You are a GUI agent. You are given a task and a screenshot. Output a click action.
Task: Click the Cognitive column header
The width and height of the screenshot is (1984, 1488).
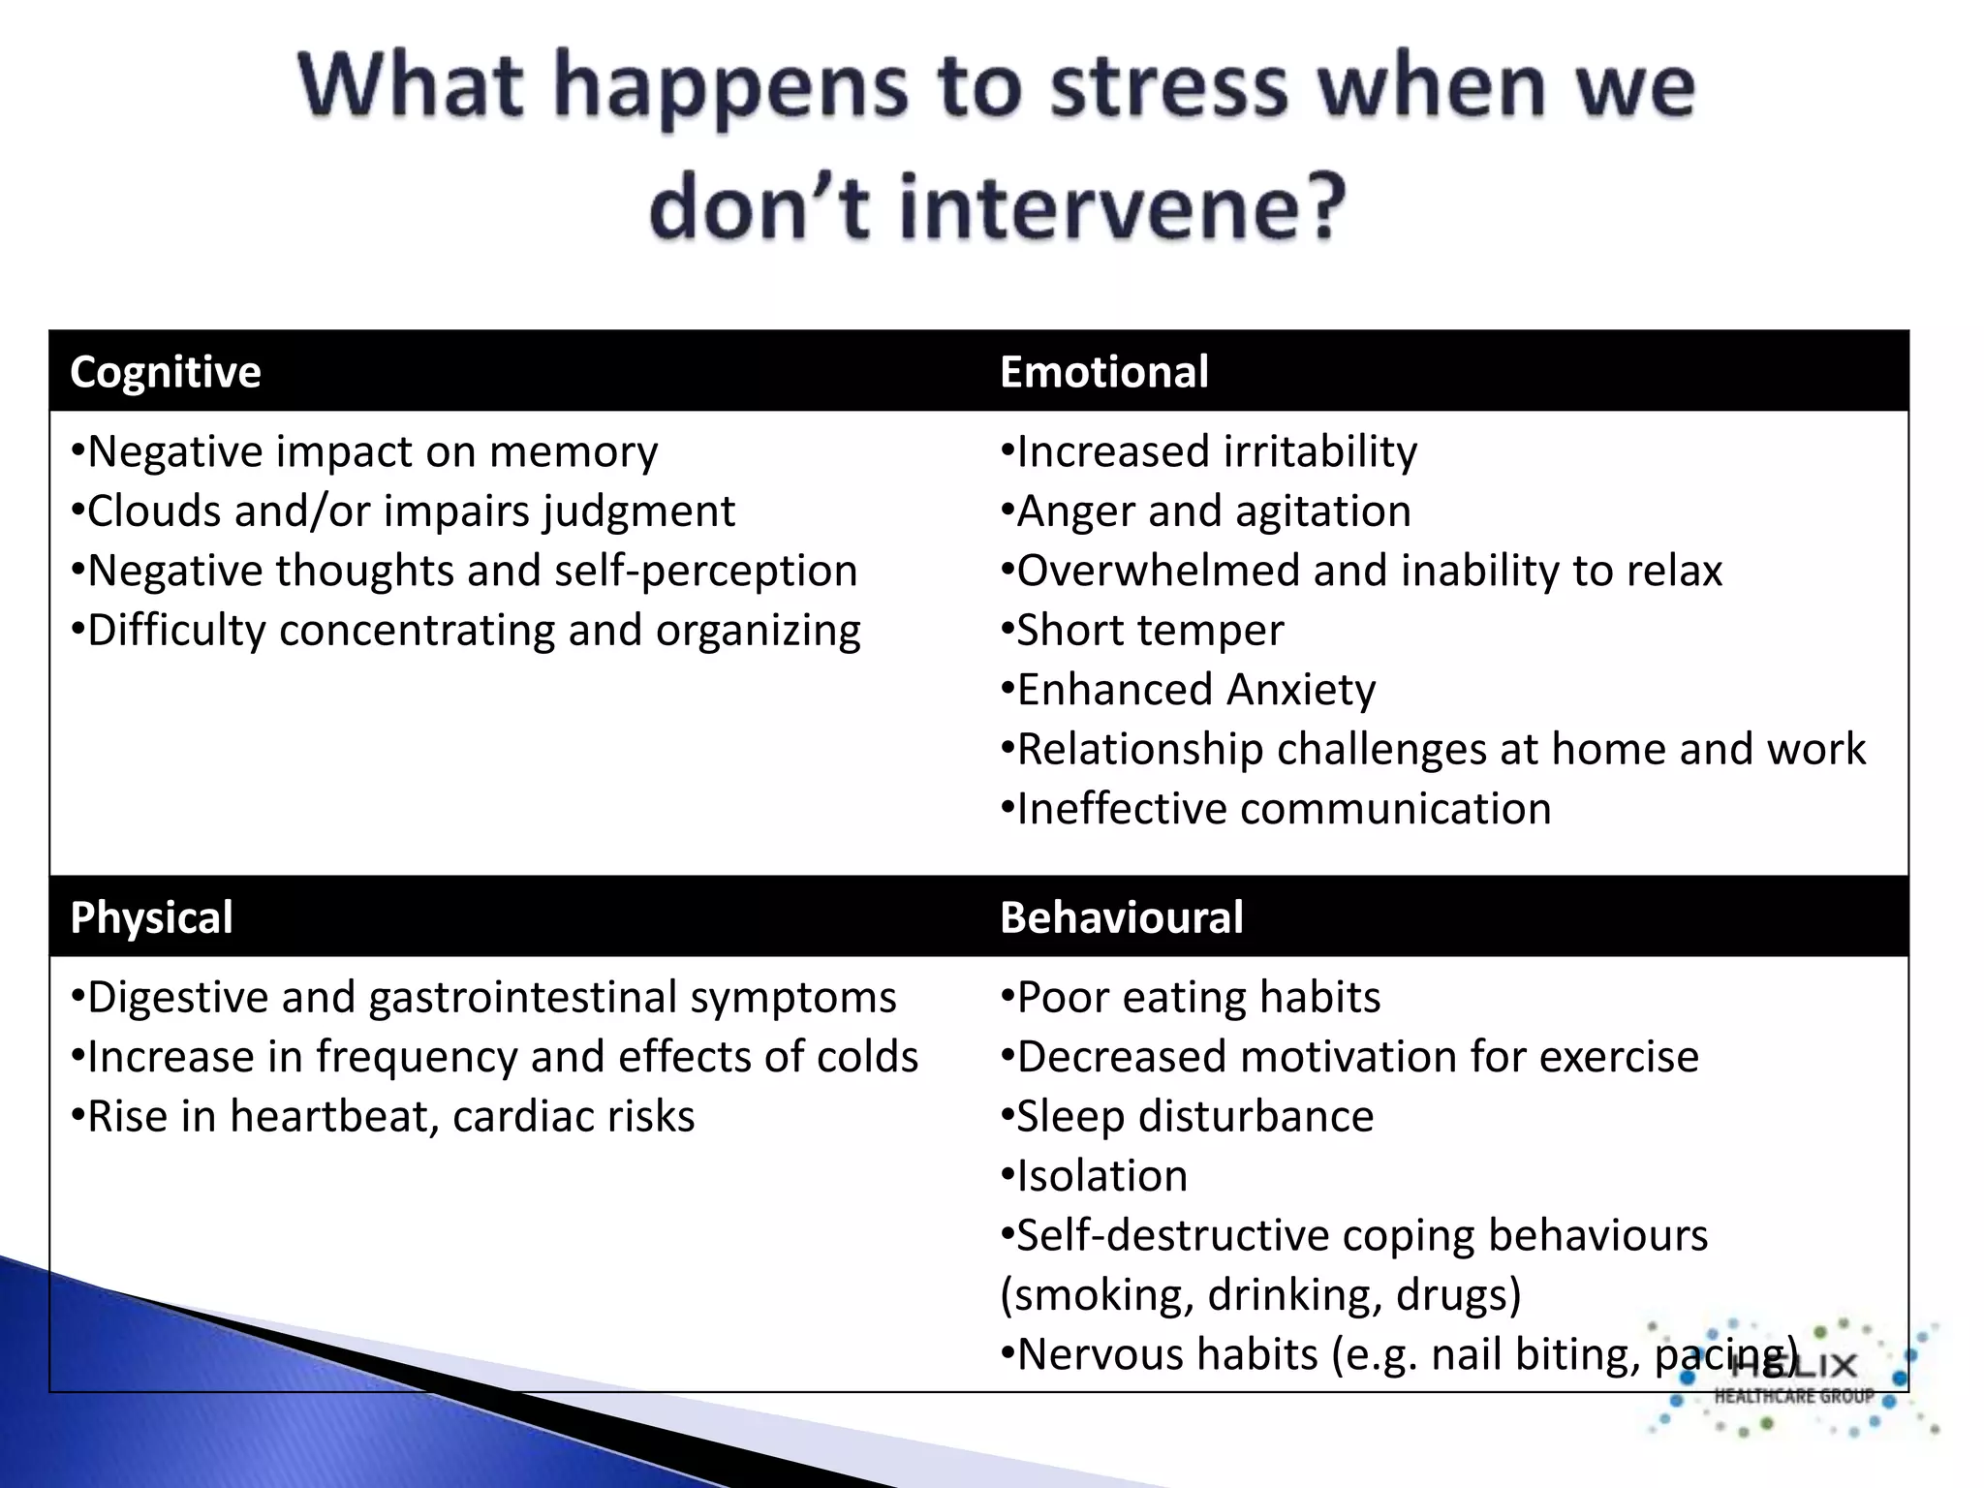166,372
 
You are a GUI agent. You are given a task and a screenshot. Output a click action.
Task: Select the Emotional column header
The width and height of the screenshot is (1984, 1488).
1103,372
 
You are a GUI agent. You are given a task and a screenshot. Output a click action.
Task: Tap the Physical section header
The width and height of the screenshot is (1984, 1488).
151,917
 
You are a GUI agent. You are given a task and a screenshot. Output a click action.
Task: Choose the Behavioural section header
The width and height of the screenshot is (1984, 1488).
1121,917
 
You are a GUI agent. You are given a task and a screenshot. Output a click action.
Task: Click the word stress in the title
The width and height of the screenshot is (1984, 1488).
1169,87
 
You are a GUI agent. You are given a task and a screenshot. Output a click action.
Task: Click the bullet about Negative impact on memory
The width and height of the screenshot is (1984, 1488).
364,452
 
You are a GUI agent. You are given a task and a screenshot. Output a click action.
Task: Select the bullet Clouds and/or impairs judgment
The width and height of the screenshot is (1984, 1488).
403,511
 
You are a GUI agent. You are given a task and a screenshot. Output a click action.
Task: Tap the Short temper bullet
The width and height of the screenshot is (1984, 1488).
1142,631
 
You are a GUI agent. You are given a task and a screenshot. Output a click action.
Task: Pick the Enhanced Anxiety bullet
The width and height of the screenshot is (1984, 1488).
1188,690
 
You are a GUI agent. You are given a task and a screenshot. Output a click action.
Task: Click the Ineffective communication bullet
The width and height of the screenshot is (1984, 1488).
1275,809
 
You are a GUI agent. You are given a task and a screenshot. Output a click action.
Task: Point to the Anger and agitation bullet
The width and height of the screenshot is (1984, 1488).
1205,511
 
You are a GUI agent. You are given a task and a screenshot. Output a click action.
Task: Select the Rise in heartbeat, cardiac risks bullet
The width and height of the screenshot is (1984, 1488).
383,1117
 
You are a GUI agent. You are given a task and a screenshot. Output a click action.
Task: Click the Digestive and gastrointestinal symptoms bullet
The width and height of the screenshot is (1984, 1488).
483,998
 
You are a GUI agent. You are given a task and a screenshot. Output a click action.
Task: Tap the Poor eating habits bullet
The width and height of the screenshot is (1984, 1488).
1191,998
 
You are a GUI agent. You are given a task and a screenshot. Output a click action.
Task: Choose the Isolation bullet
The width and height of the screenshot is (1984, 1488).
1094,1176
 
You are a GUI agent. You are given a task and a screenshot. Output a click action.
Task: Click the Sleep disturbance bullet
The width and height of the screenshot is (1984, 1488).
1187,1117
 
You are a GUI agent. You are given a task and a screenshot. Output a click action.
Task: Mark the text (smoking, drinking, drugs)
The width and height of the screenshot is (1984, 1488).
1260,1295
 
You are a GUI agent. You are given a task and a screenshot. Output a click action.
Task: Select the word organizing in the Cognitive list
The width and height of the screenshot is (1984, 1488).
758,632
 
